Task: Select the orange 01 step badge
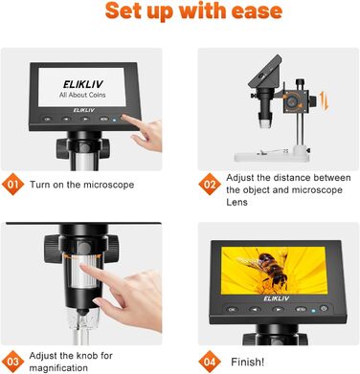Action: point(12,184)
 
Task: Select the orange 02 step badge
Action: point(210,184)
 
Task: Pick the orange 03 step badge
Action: point(12,362)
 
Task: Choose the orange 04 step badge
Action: point(210,362)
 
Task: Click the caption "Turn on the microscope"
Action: point(82,184)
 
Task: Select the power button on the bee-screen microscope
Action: point(325,308)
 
